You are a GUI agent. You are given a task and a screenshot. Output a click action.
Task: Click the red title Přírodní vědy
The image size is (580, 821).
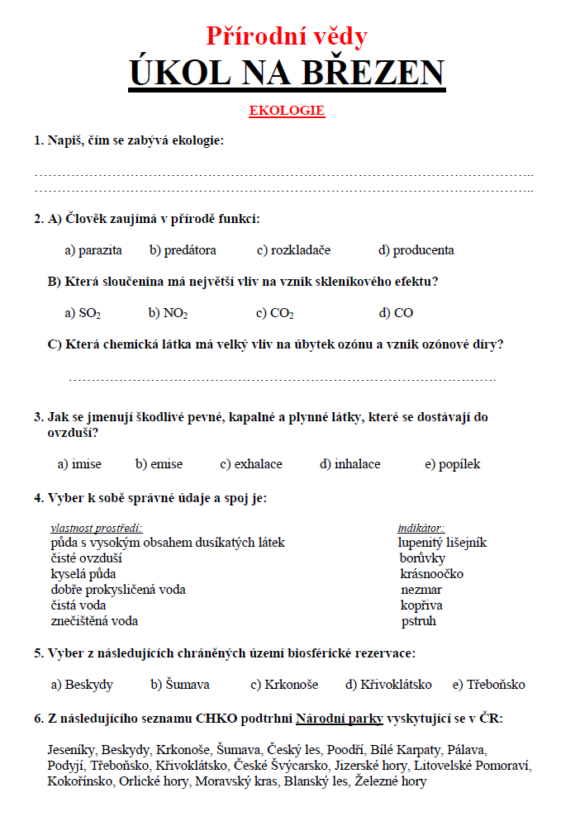[287, 36]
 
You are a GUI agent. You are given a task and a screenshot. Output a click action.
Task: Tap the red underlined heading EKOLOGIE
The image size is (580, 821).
[287, 110]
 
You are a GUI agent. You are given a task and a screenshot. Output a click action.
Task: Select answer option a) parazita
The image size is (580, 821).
[93, 250]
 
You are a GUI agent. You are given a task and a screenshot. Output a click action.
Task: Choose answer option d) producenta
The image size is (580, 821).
[416, 250]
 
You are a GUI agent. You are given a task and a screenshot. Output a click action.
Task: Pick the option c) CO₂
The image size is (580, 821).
[275, 313]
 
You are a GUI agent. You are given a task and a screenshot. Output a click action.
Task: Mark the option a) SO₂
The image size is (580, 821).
[83, 313]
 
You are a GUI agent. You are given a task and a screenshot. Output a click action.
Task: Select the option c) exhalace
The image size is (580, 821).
[251, 464]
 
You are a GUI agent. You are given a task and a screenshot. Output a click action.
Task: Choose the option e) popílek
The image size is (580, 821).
[452, 464]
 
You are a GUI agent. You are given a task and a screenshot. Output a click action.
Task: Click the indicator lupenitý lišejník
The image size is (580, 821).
[442, 543]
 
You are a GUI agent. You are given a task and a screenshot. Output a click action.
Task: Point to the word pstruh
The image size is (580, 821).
[419, 621]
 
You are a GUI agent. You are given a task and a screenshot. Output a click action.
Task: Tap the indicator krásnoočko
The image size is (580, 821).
[431, 574]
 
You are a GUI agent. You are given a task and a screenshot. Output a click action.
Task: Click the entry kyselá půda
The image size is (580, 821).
[83, 574]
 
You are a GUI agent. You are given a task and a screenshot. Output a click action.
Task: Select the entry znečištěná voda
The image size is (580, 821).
[94, 621]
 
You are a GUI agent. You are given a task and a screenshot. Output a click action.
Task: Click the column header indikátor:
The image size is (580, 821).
[421, 528]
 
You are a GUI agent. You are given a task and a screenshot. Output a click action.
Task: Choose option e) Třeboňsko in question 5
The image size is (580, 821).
[488, 685]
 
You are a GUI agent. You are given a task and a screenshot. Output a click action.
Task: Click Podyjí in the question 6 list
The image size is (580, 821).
[66, 766]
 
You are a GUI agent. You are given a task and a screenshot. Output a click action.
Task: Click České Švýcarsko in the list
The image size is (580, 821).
[281, 766]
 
